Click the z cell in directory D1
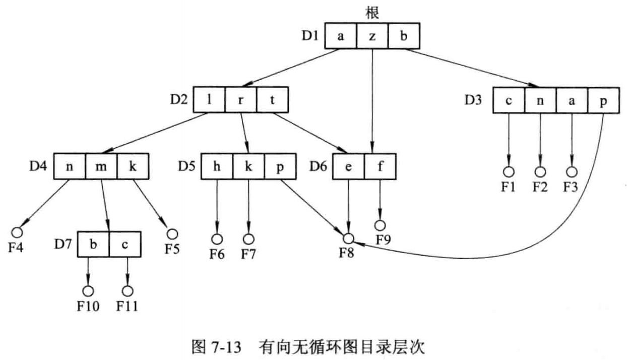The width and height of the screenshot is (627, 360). (372, 36)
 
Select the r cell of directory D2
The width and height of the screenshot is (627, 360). (241, 99)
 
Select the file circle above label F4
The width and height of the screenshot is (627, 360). (17, 232)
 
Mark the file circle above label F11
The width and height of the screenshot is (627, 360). (127, 291)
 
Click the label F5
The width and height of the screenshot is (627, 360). (173, 249)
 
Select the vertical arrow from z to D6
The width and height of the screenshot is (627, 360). (372, 101)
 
